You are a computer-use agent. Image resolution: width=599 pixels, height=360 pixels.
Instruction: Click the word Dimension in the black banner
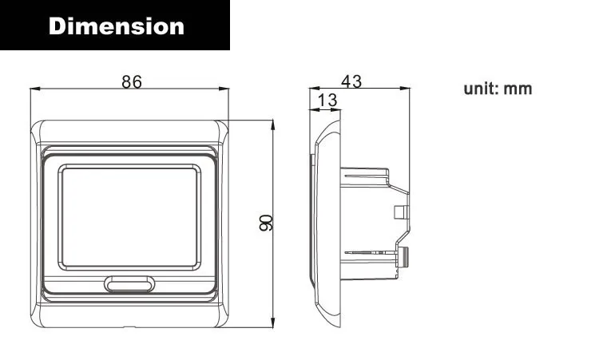(117, 26)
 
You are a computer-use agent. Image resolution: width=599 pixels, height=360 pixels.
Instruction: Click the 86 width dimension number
(132, 81)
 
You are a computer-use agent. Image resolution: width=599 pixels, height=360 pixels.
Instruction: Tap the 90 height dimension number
(266, 223)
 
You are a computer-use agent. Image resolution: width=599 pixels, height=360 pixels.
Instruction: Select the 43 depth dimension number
(351, 81)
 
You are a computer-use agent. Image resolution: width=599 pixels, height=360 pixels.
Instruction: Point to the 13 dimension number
(327, 100)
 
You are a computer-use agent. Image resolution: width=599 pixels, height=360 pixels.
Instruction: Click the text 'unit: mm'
(498, 89)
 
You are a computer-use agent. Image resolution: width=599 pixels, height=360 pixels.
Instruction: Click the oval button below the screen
(129, 284)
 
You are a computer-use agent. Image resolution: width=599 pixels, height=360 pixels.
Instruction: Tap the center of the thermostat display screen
(129, 217)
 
